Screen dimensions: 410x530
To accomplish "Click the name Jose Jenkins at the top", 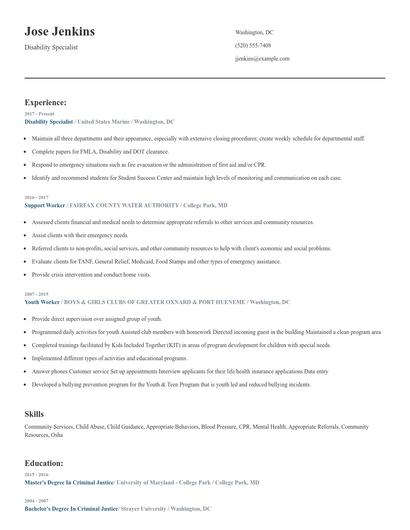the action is pyautogui.click(x=60, y=32).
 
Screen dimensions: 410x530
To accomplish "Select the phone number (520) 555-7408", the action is pyautogui.click(x=252, y=45).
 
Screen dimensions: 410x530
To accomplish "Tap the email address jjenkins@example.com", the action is pyautogui.click(x=262, y=58).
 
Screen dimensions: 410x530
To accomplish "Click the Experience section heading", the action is pyautogui.click(x=46, y=102).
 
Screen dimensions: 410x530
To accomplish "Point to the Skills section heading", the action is pyautogui.click(x=34, y=412).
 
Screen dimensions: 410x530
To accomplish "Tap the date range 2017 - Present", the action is pyautogui.click(x=39, y=114).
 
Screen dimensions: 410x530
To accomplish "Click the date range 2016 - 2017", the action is pyautogui.click(x=37, y=197).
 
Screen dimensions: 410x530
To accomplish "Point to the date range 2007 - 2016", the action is pyautogui.click(x=37, y=294).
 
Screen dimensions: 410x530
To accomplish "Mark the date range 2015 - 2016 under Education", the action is pyautogui.click(x=37, y=475).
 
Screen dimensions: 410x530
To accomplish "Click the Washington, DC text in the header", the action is pyautogui.click(x=253, y=32).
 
